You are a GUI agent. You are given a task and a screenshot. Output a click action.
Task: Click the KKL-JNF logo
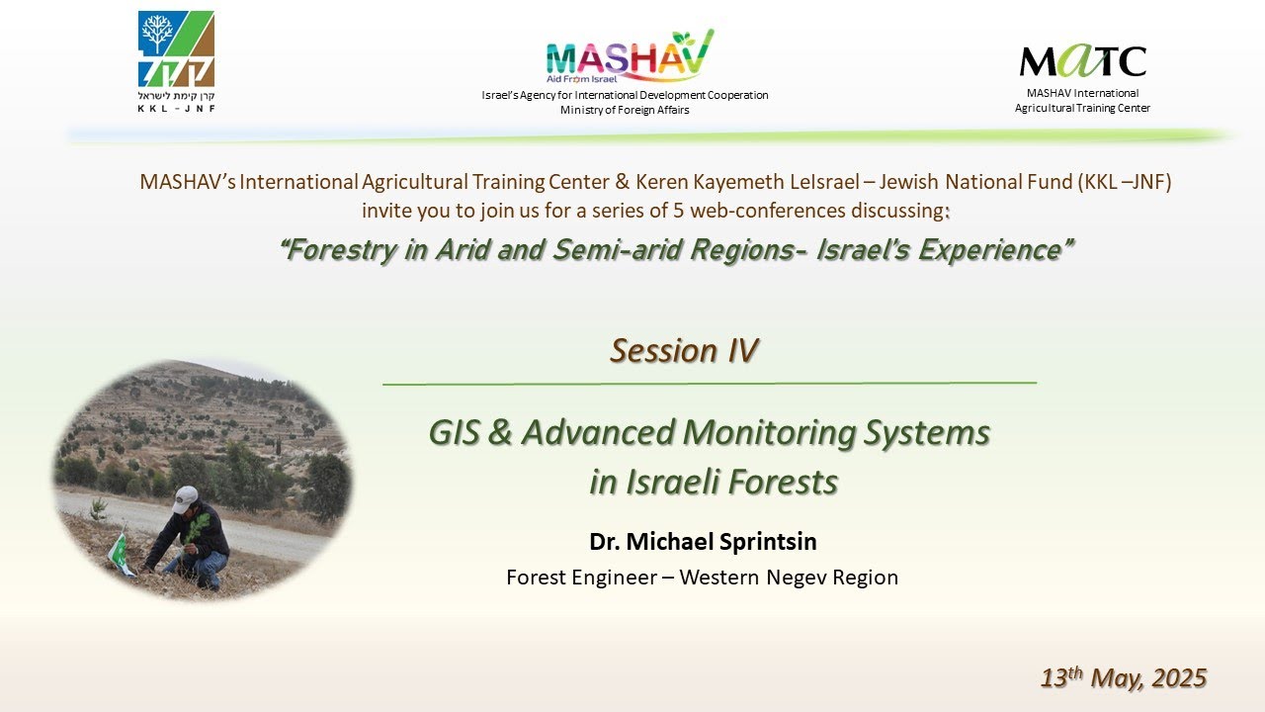[176, 51]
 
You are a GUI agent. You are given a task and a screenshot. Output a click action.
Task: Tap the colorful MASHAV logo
[629, 57]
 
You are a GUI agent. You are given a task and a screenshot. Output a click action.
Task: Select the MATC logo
[1082, 61]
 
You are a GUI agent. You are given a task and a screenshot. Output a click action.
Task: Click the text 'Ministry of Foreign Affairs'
[625, 110]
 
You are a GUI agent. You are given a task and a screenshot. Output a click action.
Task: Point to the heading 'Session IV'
[684, 351]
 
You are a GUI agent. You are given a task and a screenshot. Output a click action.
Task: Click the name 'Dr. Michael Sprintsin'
[703, 542]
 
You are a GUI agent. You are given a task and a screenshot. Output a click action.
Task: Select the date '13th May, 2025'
[1124, 678]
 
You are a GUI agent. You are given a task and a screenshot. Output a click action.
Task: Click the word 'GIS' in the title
[457, 433]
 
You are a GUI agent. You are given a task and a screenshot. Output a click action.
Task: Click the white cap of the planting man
[185, 498]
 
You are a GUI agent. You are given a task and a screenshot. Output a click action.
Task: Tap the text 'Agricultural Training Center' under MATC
[1082, 108]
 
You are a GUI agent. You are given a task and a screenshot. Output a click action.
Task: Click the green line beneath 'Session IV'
[709, 383]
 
